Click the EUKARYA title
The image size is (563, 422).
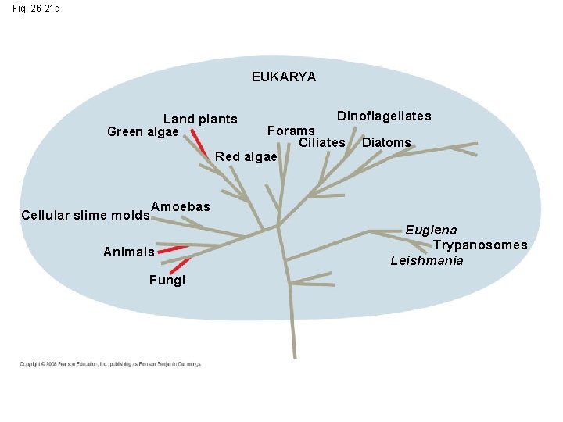coord(283,77)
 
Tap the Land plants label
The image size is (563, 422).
coord(200,120)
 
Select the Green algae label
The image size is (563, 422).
coord(142,131)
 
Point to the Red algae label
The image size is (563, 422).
coord(246,156)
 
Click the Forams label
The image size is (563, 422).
coord(291,131)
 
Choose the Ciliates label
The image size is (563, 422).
coord(321,142)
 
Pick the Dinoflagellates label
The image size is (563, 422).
coord(384,116)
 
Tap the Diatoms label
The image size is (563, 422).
coord(386,142)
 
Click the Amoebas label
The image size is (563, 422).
coord(181,206)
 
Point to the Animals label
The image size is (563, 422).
coord(129,252)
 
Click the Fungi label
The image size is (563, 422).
coord(167,280)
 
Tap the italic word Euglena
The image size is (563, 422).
coord(431,230)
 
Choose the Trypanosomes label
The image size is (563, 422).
coord(480,245)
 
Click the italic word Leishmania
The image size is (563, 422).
coord(427,261)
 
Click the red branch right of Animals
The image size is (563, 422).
coord(173,249)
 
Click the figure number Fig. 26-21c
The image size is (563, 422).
coord(35,8)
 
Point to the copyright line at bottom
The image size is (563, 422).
coord(110,363)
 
